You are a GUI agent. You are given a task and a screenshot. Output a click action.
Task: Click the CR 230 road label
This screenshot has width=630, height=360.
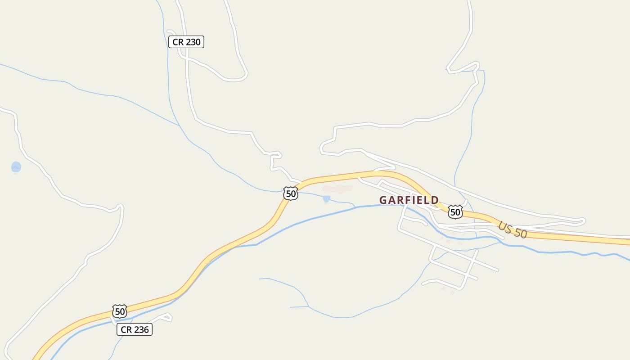tap(186, 42)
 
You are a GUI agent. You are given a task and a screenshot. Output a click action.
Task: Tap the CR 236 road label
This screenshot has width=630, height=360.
tap(135, 330)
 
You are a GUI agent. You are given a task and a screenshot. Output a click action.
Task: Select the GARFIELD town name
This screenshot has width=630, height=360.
tap(409, 200)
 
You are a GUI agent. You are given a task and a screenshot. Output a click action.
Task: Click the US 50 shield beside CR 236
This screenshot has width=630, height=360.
tap(119, 311)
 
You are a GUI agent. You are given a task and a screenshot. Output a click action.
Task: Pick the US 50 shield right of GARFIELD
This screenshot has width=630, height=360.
tap(455, 211)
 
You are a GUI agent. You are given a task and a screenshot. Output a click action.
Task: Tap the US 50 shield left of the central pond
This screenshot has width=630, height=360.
tap(291, 193)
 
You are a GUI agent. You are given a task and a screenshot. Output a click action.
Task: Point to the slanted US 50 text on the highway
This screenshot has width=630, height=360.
tap(513, 229)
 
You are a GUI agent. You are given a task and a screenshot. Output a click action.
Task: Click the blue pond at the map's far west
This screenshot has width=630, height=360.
tap(16, 167)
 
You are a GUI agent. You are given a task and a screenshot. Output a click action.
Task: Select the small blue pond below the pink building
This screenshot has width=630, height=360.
tap(326, 198)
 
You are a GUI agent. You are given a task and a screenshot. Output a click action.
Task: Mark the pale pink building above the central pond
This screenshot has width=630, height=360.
tap(337, 189)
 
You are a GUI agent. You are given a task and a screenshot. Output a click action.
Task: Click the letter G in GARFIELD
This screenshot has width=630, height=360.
tap(383, 200)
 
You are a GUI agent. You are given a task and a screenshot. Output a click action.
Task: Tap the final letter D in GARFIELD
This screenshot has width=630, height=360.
tap(435, 200)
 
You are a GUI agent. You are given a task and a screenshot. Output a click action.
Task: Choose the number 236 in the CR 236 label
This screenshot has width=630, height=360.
tap(141, 330)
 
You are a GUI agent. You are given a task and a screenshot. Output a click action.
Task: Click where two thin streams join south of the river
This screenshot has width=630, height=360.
tap(308, 307)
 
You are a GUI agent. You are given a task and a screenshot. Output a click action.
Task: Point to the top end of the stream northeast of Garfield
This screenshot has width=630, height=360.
tap(482, 71)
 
